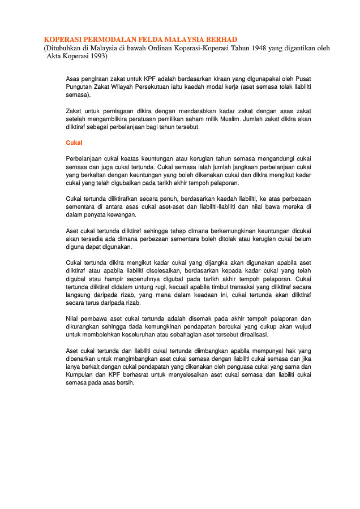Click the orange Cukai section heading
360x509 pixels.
coord(74,143)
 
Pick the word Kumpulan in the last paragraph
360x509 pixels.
coord(80,374)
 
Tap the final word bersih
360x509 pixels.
coord(125,382)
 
